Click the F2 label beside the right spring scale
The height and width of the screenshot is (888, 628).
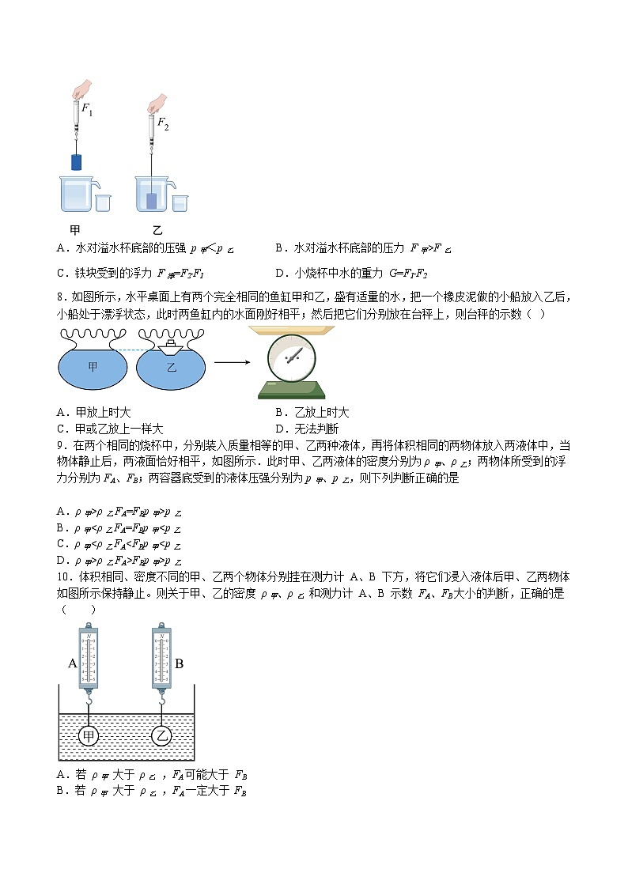pos(162,123)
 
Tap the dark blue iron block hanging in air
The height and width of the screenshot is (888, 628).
pos(76,162)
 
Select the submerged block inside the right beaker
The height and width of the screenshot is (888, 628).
pos(151,200)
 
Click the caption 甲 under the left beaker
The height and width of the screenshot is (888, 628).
pos(75,230)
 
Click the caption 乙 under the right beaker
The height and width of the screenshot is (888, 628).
pos(157,230)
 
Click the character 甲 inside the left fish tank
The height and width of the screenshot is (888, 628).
pos(93,366)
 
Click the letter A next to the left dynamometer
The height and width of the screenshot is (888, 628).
pos(72,663)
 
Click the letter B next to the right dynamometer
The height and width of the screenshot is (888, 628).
pos(179,663)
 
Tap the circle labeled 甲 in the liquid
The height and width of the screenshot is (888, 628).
pos(89,736)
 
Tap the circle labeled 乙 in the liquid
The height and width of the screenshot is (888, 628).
pos(162,736)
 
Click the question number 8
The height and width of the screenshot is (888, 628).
pos(61,297)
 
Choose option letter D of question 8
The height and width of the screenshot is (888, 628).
pos(279,428)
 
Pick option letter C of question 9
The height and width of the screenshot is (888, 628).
pos(61,544)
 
